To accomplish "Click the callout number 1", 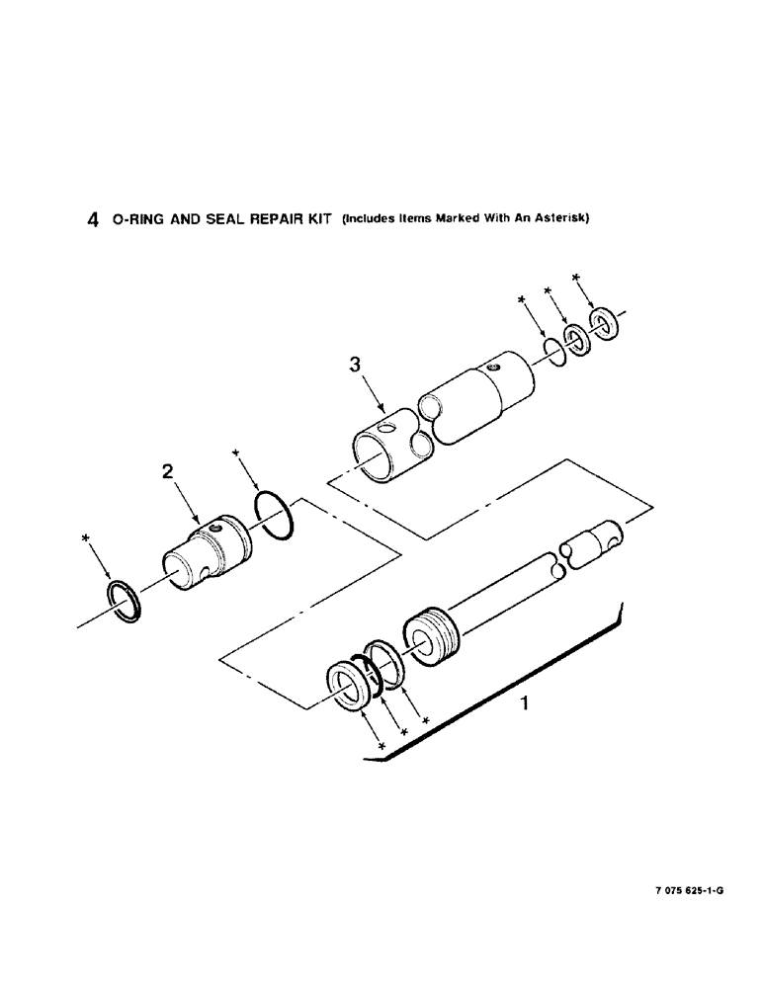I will coord(526,704).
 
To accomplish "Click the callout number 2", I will coord(169,473).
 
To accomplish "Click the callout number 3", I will coord(357,365).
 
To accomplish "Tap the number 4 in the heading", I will coord(92,221).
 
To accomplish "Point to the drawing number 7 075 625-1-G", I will coord(688,890).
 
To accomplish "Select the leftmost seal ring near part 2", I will coord(126,601).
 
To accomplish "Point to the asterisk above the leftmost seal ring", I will coord(88,538).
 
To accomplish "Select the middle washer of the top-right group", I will coord(576,339).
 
